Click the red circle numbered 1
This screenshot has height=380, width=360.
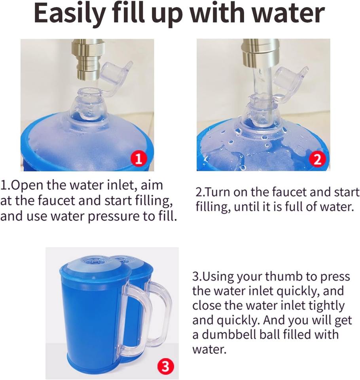[138, 159]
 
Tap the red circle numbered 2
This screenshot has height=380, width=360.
[318, 159]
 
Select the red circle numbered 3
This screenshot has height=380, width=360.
[166, 367]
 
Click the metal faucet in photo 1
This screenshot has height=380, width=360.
[87, 59]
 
